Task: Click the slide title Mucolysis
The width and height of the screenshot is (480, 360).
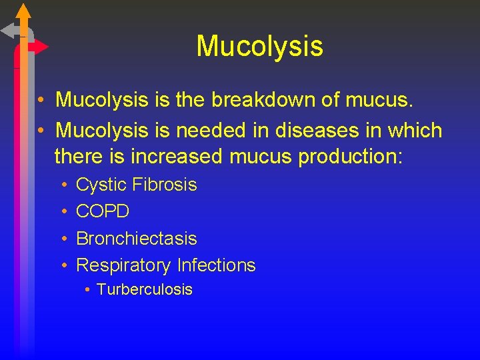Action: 259,46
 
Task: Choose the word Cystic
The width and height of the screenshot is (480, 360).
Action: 101,185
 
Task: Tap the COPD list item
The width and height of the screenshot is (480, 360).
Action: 103,211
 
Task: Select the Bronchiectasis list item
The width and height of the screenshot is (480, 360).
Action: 137,238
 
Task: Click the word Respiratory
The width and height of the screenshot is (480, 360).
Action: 124,265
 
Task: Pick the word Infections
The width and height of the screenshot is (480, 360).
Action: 217,265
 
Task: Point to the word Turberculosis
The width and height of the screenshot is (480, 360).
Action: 144,289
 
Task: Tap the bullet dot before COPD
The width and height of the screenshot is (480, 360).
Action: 63,212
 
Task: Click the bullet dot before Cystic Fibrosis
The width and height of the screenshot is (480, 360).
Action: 63,185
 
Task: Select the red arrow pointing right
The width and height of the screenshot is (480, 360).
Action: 38,47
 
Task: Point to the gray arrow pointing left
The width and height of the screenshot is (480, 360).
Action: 10,31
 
